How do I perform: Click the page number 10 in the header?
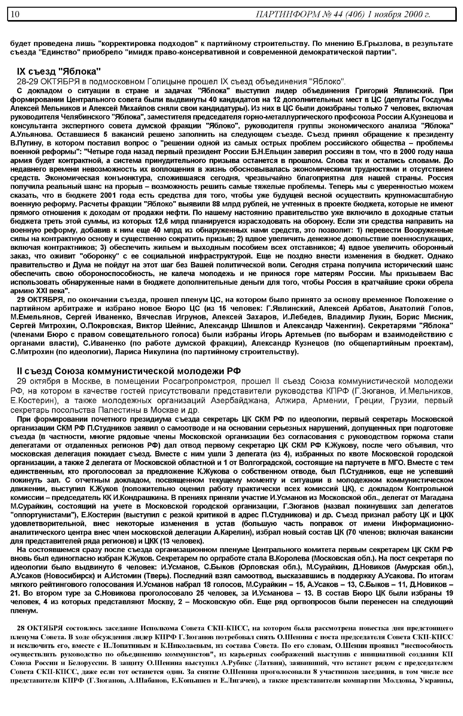(x=15, y=14)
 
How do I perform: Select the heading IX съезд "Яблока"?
(x=59, y=72)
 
